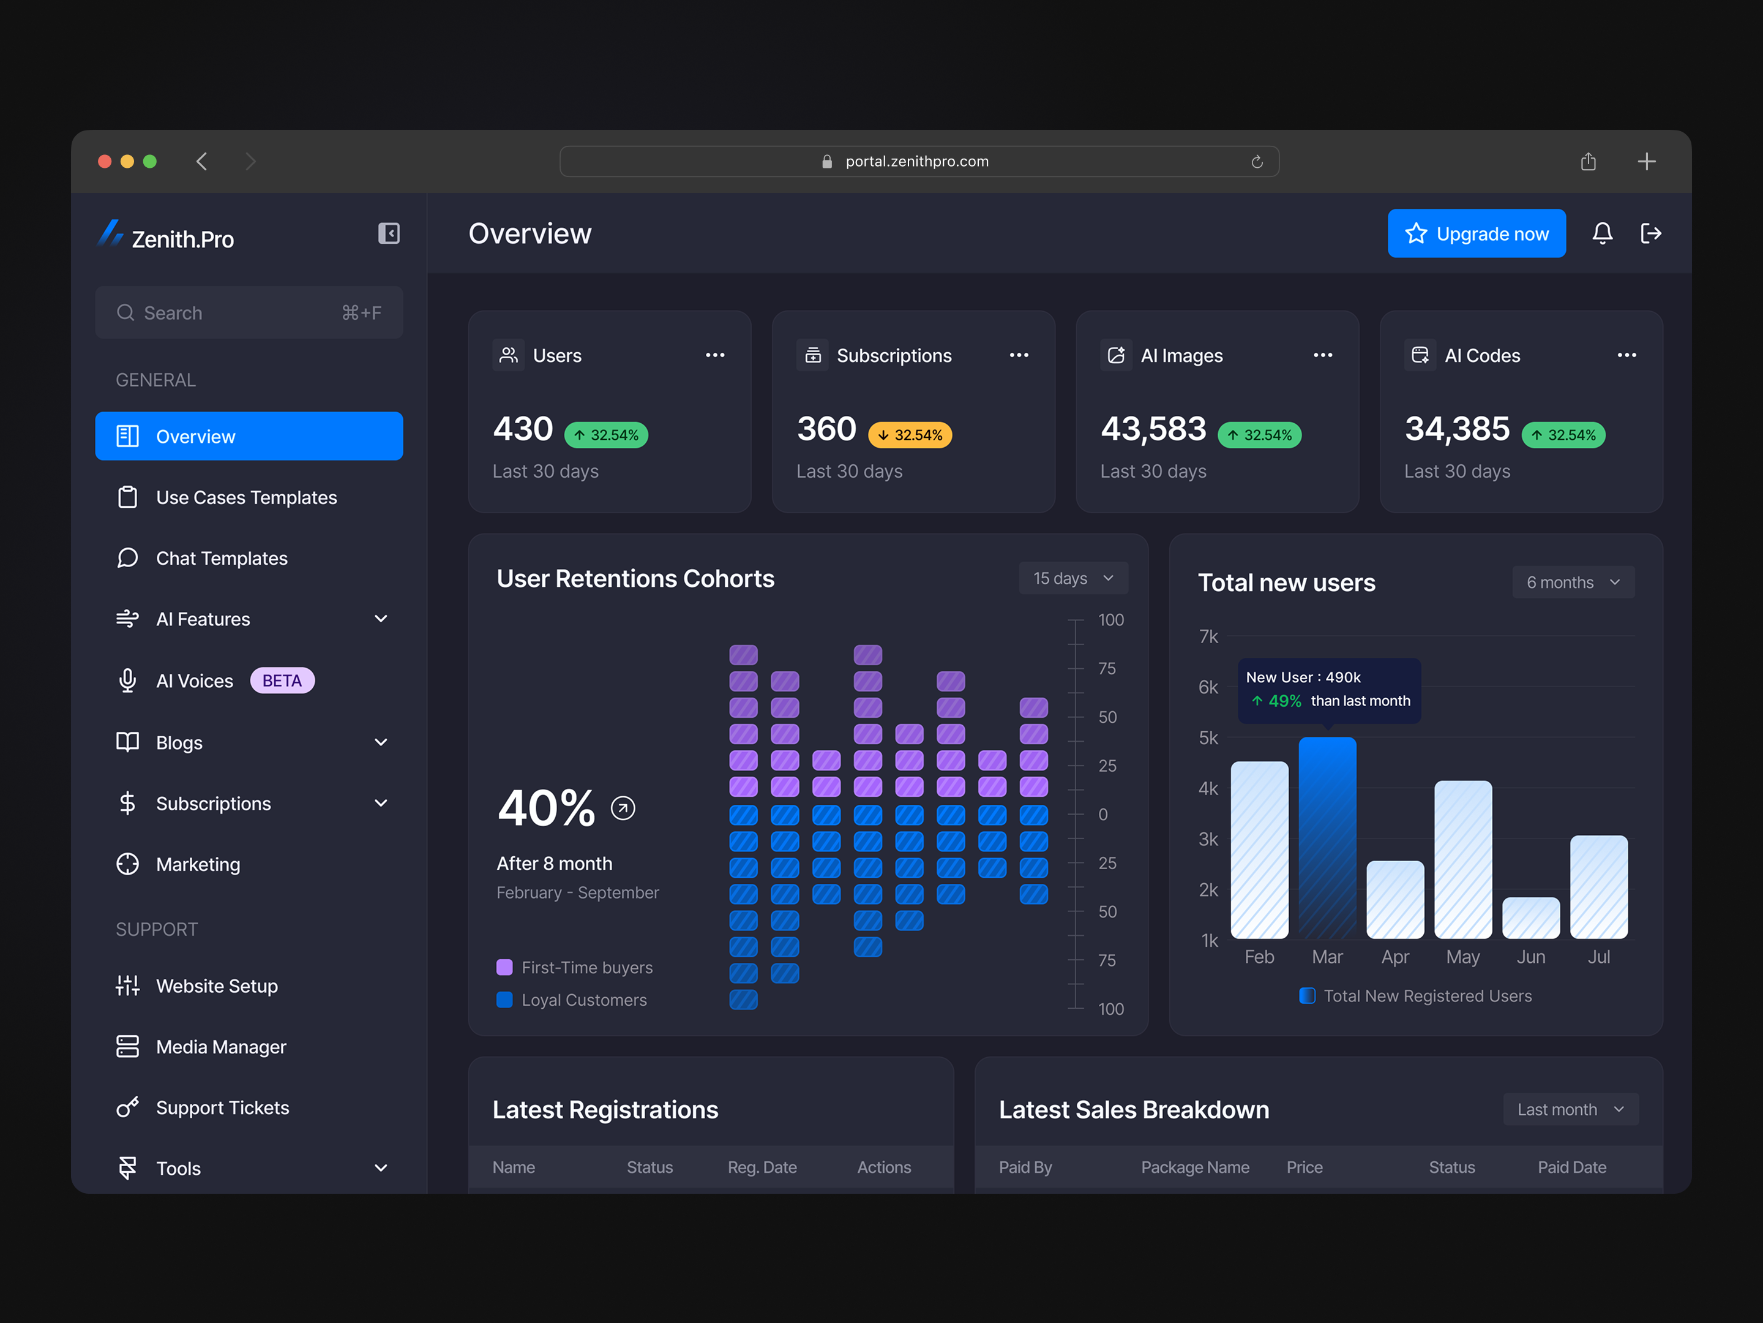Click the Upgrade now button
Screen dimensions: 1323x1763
coord(1476,233)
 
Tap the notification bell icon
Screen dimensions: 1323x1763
coord(1602,233)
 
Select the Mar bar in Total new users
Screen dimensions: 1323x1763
coord(1327,837)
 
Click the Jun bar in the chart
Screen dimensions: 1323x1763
coord(1530,918)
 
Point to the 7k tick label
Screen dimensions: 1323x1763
coord(1208,636)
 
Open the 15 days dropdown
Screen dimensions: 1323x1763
coord(1072,578)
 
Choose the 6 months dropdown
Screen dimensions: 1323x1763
coord(1573,582)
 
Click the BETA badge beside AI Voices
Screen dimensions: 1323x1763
coord(282,680)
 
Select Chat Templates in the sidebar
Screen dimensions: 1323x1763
coord(222,558)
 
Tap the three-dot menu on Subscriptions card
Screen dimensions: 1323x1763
coord(1019,355)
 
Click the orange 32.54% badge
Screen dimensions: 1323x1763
coord(910,435)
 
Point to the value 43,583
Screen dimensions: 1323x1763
coord(1153,429)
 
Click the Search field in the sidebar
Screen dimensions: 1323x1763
coord(249,312)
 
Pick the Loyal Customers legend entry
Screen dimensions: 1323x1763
coord(583,1000)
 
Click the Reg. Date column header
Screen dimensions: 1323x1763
coord(762,1167)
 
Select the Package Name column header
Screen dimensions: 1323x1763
coord(1195,1167)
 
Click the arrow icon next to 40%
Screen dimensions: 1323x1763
coord(623,809)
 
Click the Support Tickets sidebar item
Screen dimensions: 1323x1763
coord(222,1107)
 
